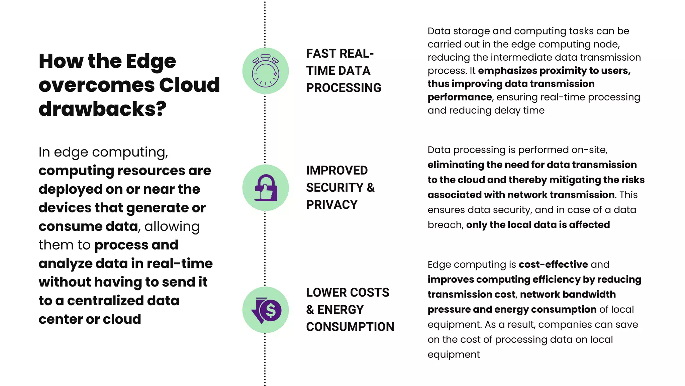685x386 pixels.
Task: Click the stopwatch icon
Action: [266, 71]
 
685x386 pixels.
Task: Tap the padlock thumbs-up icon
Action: [266, 188]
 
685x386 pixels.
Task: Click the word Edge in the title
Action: [151, 61]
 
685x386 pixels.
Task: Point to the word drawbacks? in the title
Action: [102, 109]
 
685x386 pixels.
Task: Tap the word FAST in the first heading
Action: [321, 54]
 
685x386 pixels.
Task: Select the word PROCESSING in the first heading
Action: [344, 88]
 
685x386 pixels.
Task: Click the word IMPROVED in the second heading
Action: [337, 171]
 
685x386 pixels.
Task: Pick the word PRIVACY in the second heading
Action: [332, 205]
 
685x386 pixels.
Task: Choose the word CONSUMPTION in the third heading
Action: [350, 327]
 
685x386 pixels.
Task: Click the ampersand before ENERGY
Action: [310, 310]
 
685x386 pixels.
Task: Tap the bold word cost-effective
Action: [553, 264]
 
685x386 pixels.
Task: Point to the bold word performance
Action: [460, 97]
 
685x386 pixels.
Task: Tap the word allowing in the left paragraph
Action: [172, 227]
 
